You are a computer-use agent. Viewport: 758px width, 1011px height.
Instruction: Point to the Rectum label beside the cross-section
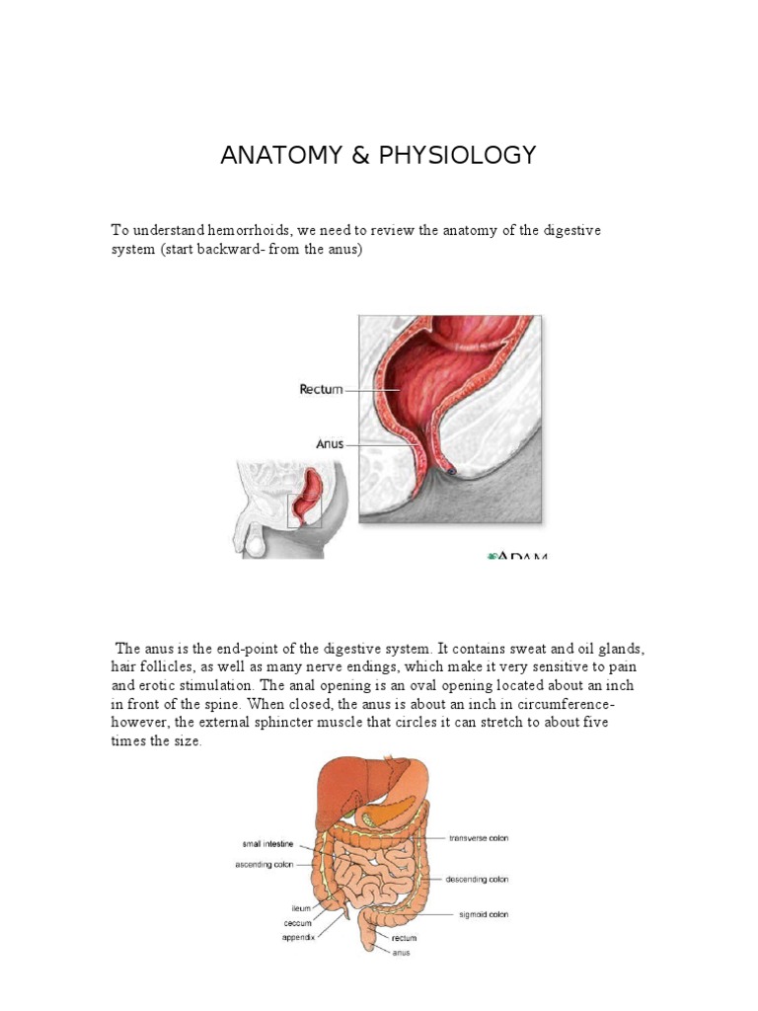coord(321,389)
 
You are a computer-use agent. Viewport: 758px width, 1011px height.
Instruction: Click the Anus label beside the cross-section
coord(330,444)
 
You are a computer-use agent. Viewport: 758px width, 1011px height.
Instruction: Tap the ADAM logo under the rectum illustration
coord(517,556)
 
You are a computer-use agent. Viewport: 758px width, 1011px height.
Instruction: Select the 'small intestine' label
coord(270,844)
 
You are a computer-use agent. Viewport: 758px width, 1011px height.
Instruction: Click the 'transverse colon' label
coord(479,838)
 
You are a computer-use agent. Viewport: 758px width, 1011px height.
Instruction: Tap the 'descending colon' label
coord(478,879)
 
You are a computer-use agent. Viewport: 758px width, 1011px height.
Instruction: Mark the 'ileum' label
coord(301,907)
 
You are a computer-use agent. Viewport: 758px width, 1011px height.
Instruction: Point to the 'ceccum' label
coord(297,922)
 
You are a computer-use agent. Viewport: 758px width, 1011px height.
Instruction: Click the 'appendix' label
coord(298,937)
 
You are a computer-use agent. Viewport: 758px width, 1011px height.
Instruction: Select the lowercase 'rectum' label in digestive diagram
coord(404,938)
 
